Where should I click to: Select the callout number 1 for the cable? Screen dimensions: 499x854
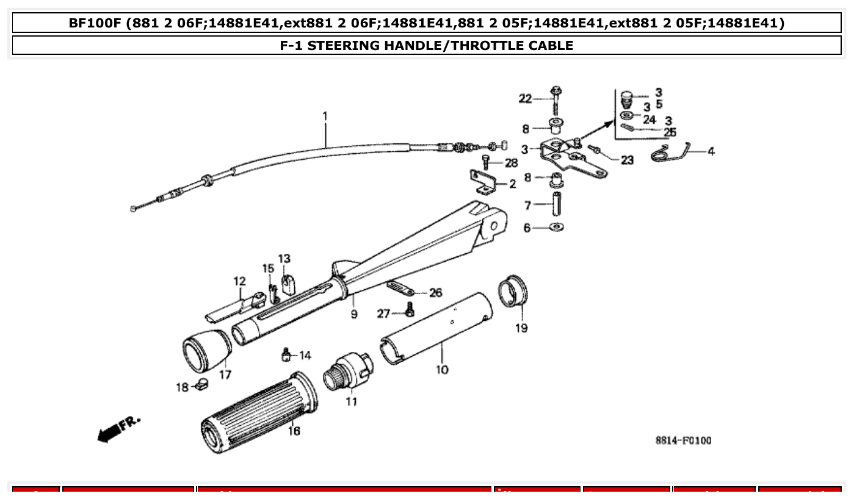click(325, 115)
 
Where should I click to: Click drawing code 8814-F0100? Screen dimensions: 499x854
click(683, 441)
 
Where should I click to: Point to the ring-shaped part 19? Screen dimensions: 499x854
click(513, 290)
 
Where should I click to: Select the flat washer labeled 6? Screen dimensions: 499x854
click(556, 228)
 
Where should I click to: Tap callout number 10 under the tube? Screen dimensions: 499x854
click(442, 370)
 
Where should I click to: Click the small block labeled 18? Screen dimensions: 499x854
click(202, 385)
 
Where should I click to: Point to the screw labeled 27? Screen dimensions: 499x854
click(410, 312)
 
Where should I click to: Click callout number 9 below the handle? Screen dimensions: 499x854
click(354, 315)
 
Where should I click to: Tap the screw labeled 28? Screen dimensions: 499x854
click(486, 162)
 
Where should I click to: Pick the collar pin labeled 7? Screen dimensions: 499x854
click(556, 204)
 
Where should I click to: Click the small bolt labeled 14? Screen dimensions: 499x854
click(285, 354)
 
